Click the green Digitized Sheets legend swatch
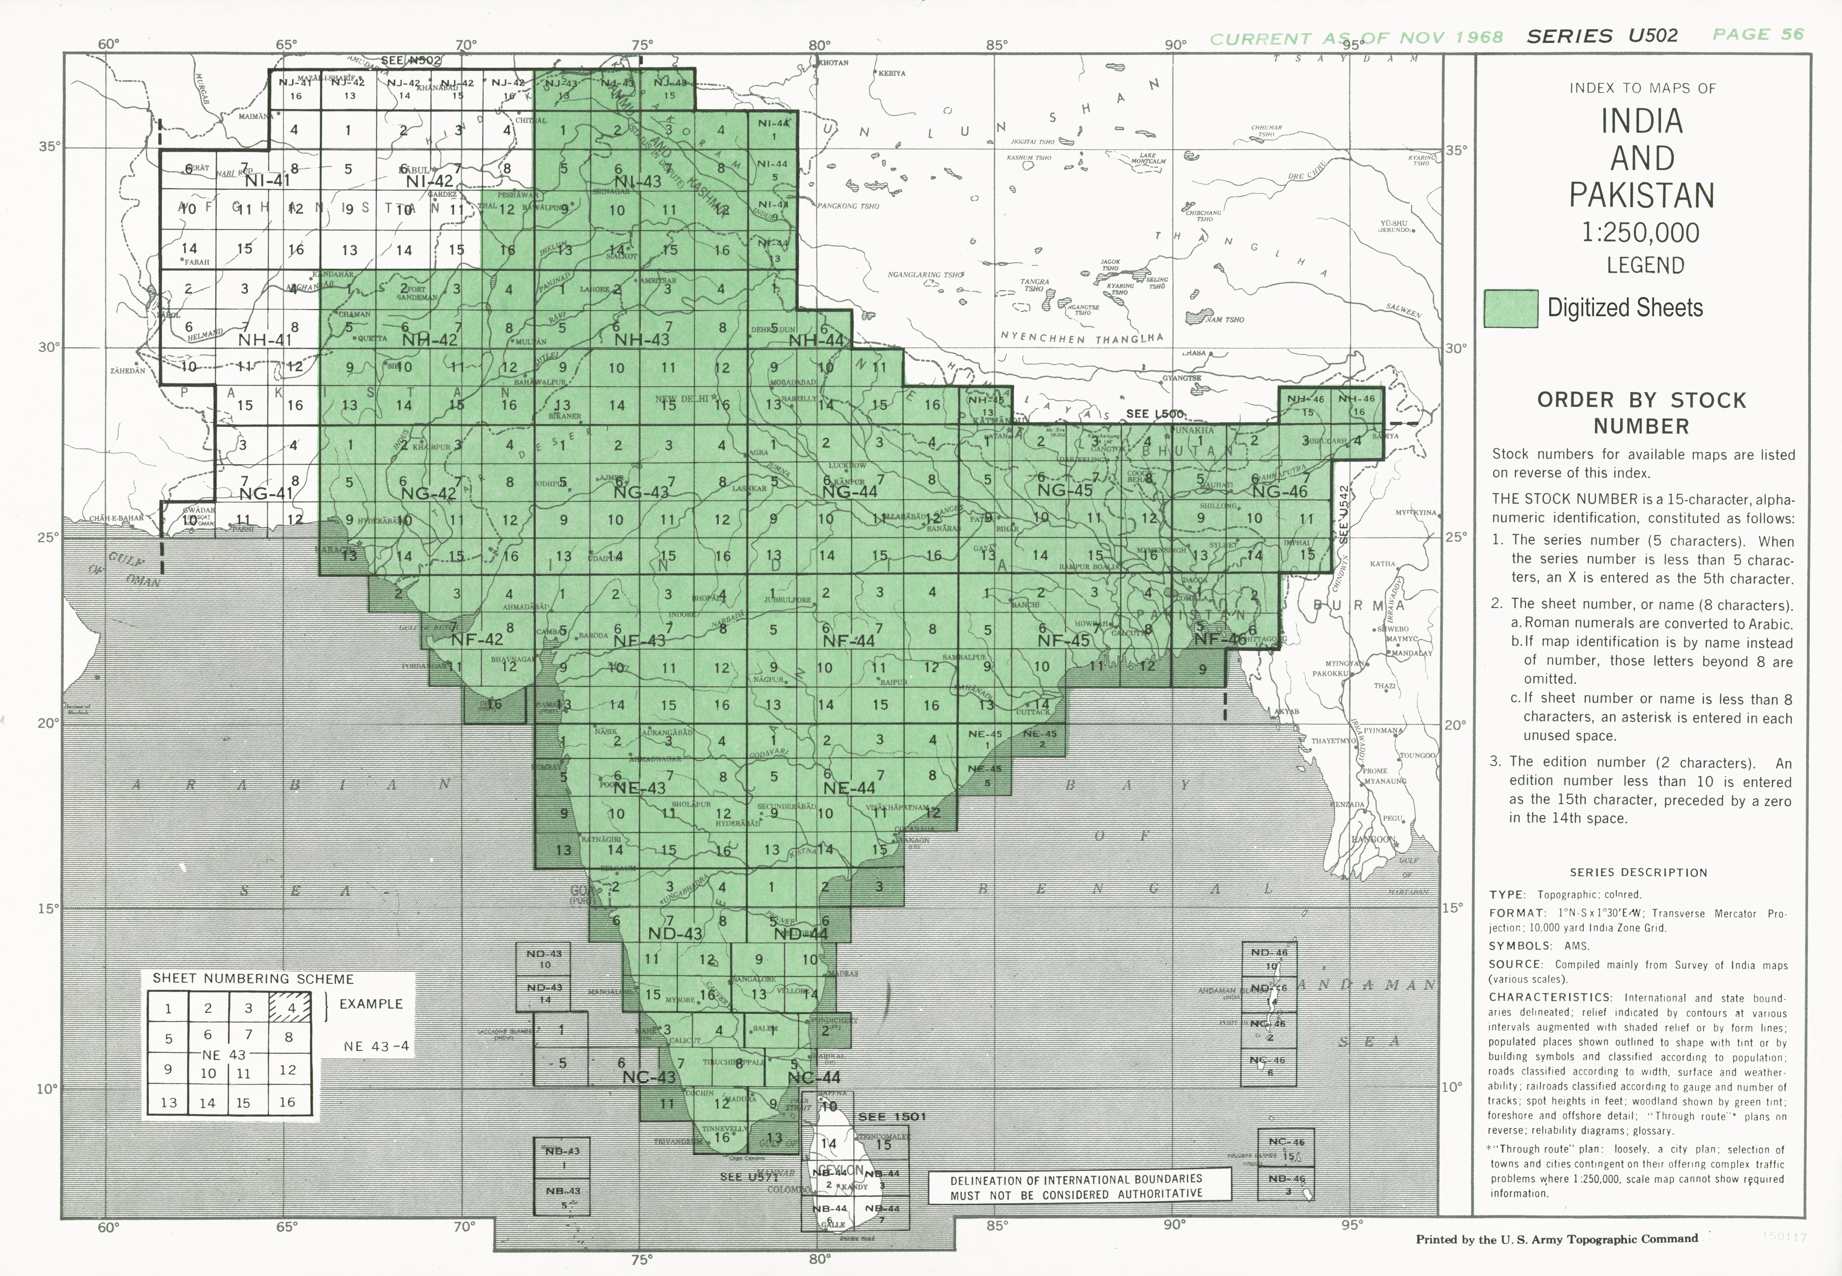coord(1510,308)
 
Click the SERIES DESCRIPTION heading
coord(1638,872)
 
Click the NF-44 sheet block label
coord(849,640)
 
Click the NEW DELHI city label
coord(682,399)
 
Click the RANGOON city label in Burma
coord(1373,840)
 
